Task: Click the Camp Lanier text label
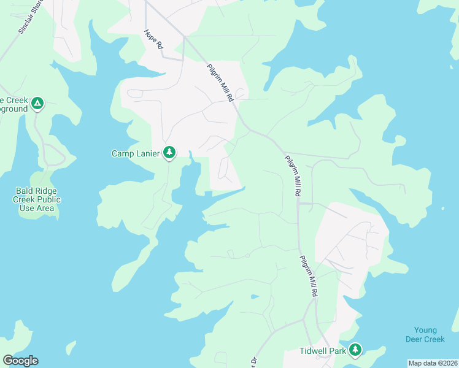pos(136,153)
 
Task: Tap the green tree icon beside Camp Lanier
pos(170,153)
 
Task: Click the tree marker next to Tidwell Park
pos(355,350)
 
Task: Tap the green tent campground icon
pos(37,104)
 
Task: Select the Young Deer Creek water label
pos(425,334)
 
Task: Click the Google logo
pos(20,361)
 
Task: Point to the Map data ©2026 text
pos(432,363)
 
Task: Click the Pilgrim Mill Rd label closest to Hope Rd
pos(220,83)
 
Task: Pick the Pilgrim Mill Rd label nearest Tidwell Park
pos(309,277)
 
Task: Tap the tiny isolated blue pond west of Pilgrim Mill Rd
pos(254,297)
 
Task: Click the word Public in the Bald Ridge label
pos(47,199)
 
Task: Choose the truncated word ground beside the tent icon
pos(13,109)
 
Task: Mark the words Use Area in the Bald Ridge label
pos(37,208)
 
